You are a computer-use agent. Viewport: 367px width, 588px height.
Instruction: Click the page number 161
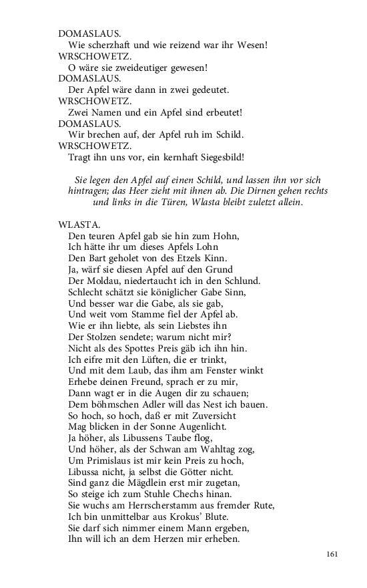click(334, 553)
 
